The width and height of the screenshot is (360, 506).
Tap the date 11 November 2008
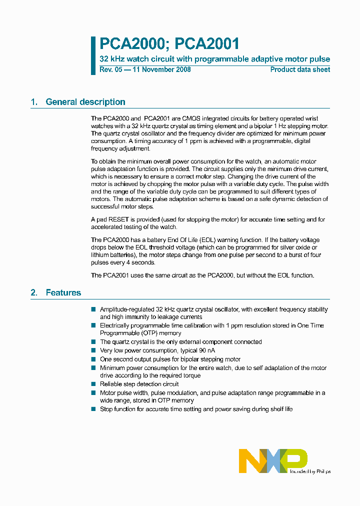point(161,69)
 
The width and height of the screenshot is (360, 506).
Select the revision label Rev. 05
point(111,69)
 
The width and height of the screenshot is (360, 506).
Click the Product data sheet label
point(300,69)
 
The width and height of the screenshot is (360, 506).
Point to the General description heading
point(85,102)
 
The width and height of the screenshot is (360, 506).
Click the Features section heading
point(63,292)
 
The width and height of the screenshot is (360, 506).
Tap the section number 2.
point(34,292)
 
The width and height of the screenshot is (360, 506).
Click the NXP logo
point(273,460)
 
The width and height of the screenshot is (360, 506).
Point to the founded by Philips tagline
point(310,471)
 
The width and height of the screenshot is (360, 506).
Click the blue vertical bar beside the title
point(93,55)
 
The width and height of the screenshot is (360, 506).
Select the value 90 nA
point(198,350)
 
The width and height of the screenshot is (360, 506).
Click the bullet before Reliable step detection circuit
point(93,384)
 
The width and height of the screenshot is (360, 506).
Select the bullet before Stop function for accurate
point(93,409)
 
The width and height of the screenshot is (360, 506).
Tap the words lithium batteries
point(108,255)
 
